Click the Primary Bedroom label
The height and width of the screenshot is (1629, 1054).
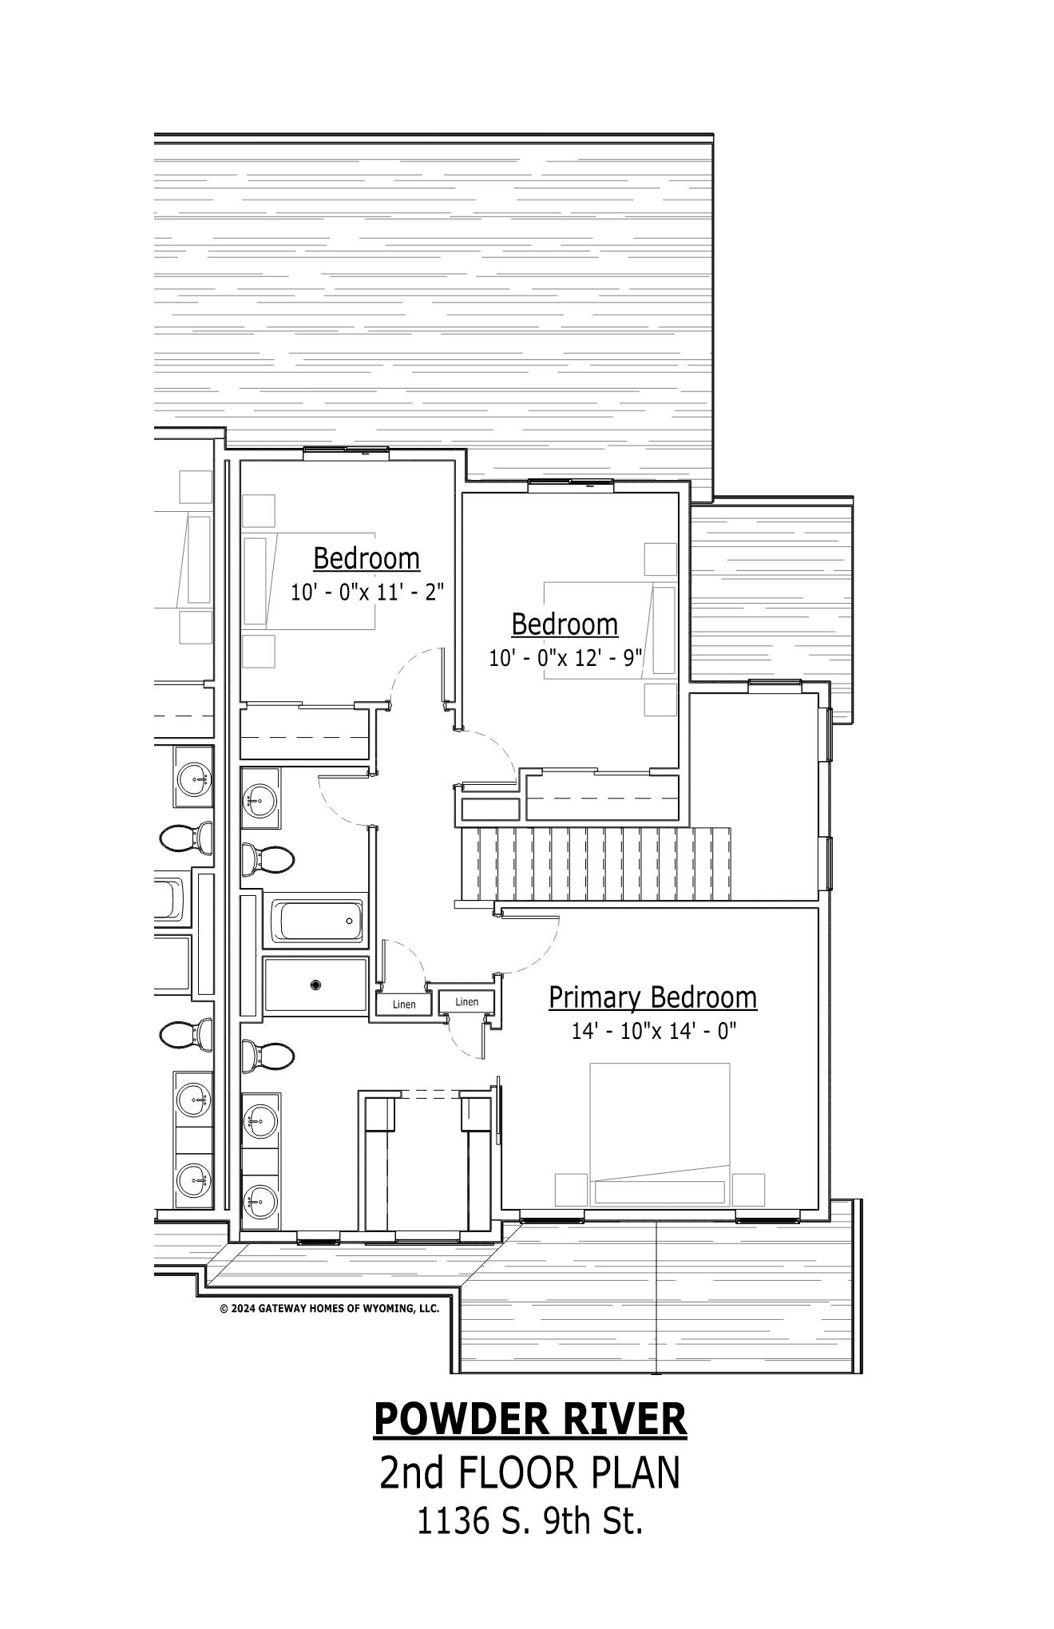(x=652, y=997)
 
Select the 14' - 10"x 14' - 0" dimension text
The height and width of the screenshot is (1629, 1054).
(x=653, y=1031)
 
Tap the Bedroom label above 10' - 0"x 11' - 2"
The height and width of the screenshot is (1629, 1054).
(x=367, y=557)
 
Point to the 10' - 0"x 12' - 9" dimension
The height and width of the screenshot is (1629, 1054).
(x=565, y=658)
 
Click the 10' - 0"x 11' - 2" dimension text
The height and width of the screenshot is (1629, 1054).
(x=367, y=593)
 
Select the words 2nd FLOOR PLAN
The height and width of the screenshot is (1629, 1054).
(x=530, y=1473)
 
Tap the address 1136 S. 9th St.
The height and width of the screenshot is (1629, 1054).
(x=530, y=1521)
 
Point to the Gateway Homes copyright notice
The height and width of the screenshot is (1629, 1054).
(x=329, y=1308)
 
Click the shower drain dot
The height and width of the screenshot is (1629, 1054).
(x=316, y=985)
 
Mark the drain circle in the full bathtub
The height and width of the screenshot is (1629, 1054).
(x=350, y=921)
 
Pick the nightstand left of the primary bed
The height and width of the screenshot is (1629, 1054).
(x=571, y=1189)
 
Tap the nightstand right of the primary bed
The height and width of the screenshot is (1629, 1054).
(x=748, y=1189)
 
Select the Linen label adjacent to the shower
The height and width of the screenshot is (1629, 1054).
(x=404, y=1005)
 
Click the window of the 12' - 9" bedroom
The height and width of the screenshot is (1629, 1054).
(x=571, y=482)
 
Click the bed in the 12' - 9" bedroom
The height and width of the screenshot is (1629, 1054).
(x=610, y=630)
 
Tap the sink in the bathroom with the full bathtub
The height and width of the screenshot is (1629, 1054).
(x=260, y=797)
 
